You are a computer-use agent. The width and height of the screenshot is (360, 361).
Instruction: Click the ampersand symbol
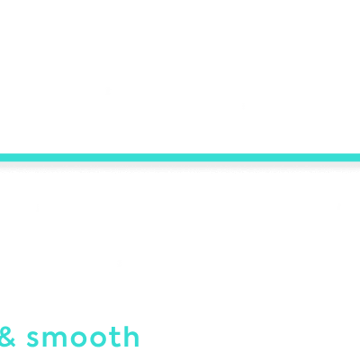click(7, 337)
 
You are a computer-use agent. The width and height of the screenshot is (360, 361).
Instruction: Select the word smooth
click(83, 337)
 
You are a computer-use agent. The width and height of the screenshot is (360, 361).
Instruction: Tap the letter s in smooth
click(33, 339)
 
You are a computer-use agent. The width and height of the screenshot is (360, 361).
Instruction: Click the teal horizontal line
click(180, 158)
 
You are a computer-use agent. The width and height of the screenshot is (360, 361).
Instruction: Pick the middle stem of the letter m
click(55, 340)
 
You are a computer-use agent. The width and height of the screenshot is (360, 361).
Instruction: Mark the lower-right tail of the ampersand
click(13, 344)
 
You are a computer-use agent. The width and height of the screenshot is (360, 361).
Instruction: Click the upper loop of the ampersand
click(5, 331)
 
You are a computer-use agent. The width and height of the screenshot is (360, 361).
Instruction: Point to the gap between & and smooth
click(21, 338)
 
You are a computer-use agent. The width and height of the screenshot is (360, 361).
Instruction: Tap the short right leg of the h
click(138, 340)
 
